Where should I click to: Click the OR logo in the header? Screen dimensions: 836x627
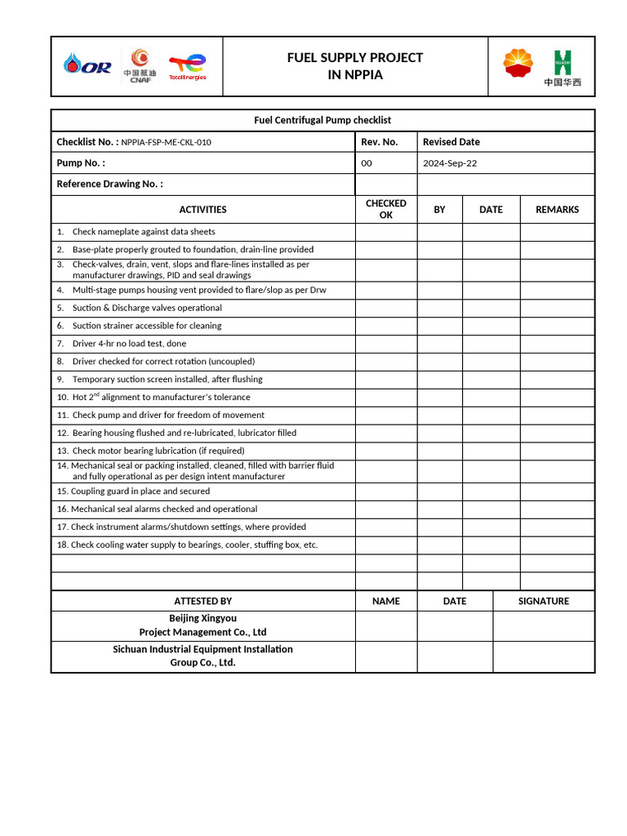tap(88, 66)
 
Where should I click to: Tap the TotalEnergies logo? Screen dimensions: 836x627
tap(187, 67)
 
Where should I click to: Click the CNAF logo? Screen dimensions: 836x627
tap(140, 66)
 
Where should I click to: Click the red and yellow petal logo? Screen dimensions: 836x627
tap(518, 64)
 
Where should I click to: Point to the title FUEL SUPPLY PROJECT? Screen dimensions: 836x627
tap(355, 57)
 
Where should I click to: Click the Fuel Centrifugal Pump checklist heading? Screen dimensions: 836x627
tap(322, 120)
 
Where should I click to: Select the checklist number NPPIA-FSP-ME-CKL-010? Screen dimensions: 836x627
tap(167, 142)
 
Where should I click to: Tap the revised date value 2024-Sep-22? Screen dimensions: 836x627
tap(450, 163)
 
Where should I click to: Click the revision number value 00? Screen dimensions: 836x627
tap(367, 163)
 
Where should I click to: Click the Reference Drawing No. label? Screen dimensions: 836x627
tap(109, 184)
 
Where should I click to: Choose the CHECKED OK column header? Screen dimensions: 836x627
tap(386, 209)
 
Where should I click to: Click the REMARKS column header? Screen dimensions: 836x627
tap(557, 210)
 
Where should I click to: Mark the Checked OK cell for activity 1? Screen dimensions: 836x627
tap(386, 232)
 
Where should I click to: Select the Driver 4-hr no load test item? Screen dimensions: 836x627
tap(129, 344)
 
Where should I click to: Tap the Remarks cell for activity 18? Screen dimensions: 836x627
tap(557, 545)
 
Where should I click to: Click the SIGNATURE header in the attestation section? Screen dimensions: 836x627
tap(544, 601)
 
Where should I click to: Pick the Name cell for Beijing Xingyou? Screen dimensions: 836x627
tap(386, 625)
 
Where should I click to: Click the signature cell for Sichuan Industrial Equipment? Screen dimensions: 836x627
tap(544, 656)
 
